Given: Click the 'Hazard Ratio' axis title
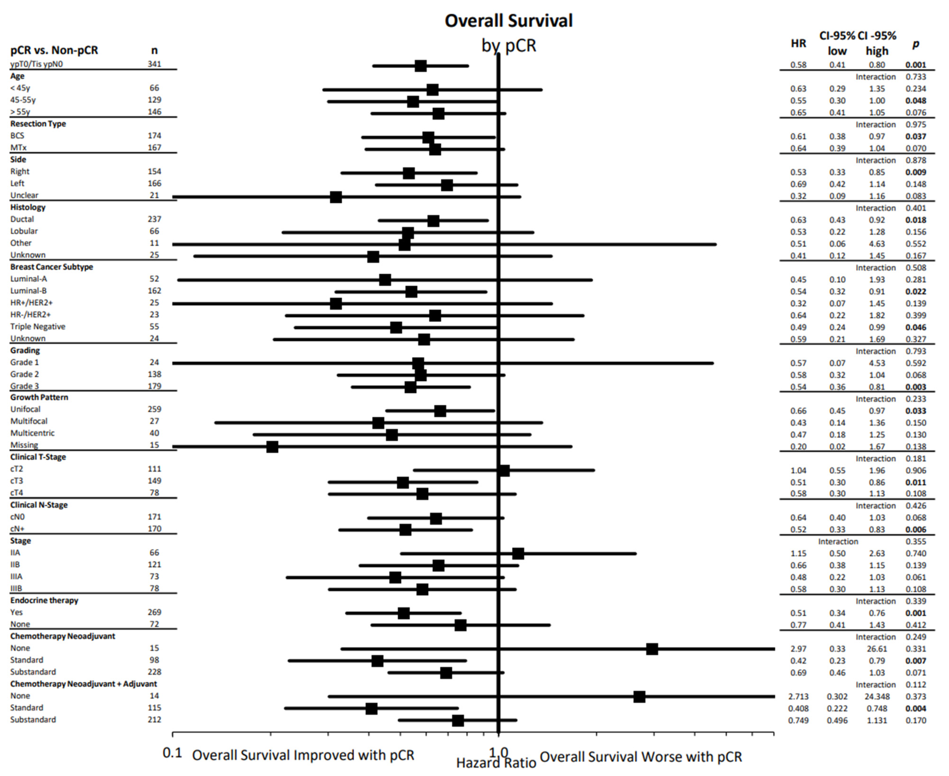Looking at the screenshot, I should (x=496, y=762).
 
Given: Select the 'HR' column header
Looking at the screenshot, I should (x=798, y=43).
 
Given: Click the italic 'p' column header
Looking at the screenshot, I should (x=916, y=44).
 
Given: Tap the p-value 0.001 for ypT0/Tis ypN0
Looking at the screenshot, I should (x=916, y=65).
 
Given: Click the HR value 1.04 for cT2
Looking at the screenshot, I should (x=798, y=470).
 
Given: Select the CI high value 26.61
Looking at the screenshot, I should (x=877, y=649).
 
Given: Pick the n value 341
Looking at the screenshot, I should (x=154, y=64).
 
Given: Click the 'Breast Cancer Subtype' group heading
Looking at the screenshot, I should (x=51, y=267).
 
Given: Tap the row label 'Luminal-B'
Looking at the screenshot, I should (x=29, y=291).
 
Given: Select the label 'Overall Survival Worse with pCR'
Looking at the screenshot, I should (x=641, y=756).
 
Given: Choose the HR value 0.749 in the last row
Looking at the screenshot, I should (x=798, y=720).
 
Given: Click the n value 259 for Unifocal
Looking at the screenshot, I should (x=154, y=409).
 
